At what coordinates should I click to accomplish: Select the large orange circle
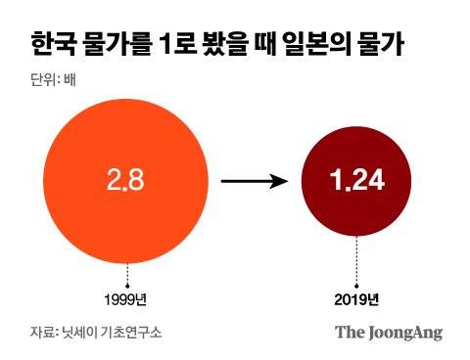pyautogui.click(x=128, y=181)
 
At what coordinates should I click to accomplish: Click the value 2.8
pyautogui.click(x=128, y=181)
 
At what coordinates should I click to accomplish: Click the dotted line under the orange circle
pyautogui.click(x=128, y=275)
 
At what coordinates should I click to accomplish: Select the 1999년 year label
pyautogui.click(x=128, y=298)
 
